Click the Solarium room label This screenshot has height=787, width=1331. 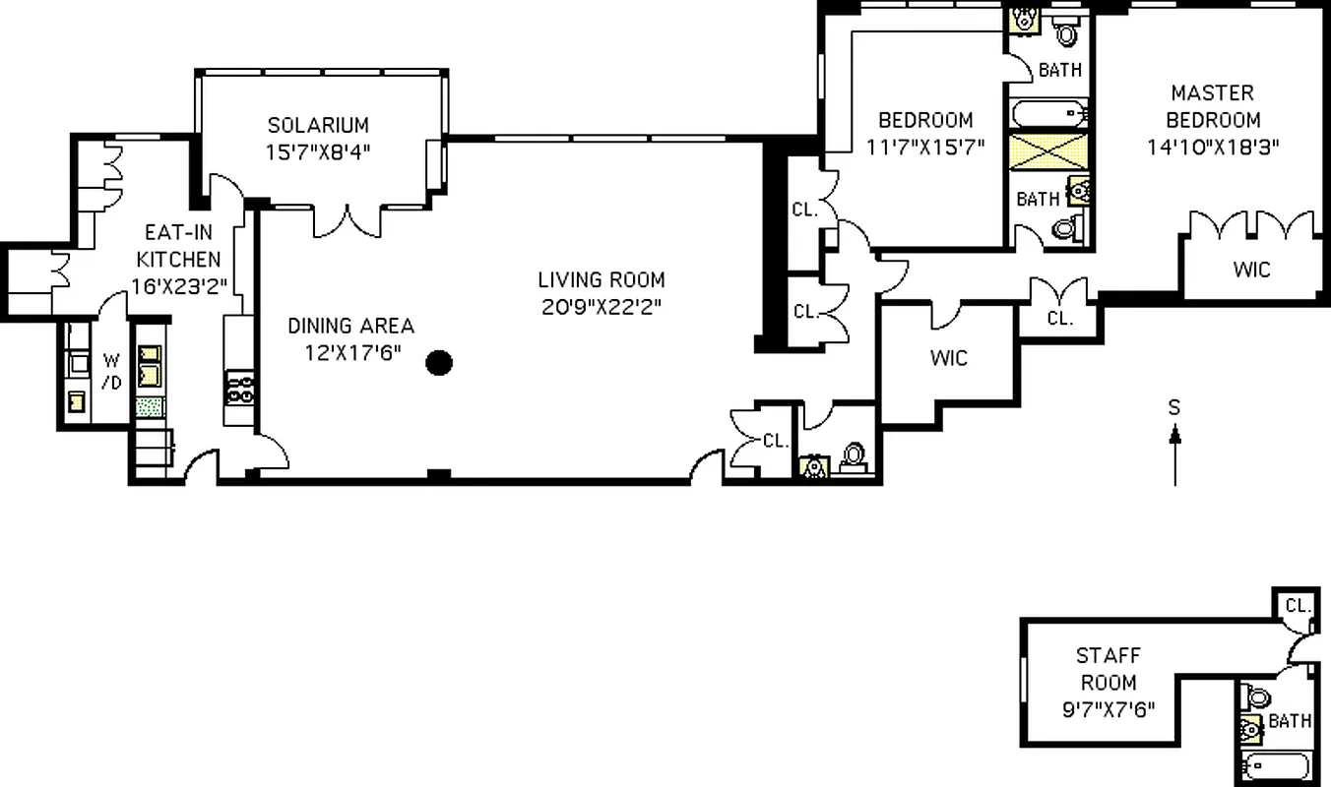coord(318,126)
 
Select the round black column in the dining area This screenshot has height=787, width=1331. coord(439,363)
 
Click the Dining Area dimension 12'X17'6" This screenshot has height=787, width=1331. coord(350,352)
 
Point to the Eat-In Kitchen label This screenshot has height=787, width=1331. coord(178,247)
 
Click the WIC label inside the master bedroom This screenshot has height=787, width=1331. coord(1251,269)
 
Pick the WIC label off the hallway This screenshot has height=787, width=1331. coord(949,358)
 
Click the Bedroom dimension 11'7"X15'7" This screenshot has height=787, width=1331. coord(925,148)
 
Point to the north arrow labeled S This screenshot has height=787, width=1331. coord(1173,443)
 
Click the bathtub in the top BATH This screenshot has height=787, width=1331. coord(1047,113)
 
